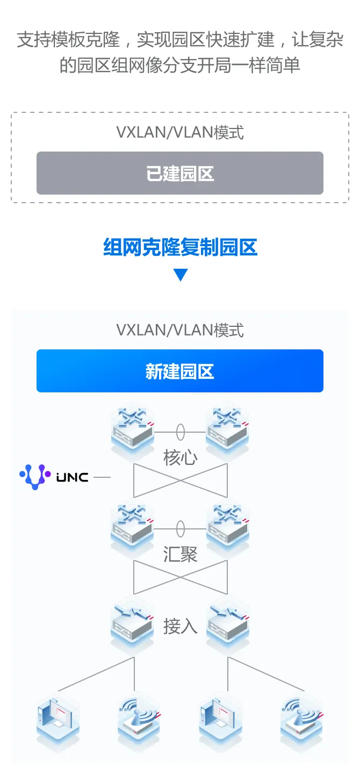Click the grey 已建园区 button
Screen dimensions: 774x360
(x=180, y=173)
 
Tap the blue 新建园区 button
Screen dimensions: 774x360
(x=180, y=371)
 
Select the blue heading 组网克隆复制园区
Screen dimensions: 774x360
(x=180, y=247)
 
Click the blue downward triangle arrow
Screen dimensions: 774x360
(x=181, y=275)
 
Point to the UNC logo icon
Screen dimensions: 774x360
(x=35, y=477)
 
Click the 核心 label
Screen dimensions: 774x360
(x=180, y=458)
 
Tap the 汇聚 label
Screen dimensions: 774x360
(x=180, y=554)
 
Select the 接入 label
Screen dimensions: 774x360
(x=180, y=626)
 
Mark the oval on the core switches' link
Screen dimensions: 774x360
(x=181, y=431)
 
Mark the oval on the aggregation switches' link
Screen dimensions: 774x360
(x=181, y=527)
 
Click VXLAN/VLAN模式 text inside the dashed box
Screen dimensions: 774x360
(x=180, y=132)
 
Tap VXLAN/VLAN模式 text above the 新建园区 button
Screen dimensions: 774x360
(x=180, y=329)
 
